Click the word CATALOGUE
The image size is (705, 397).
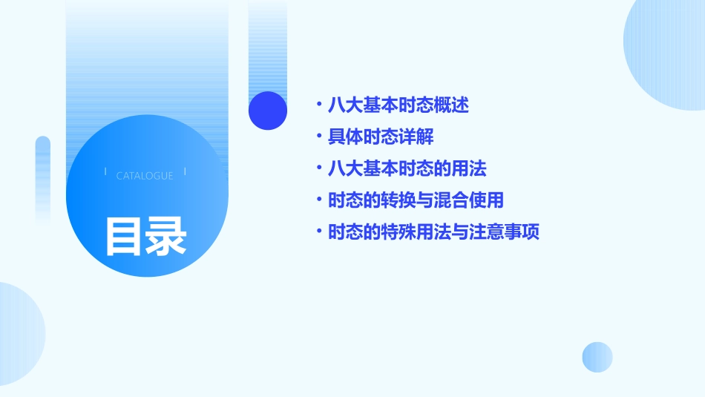145,176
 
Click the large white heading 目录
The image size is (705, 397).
145,236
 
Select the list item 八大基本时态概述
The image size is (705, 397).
399,105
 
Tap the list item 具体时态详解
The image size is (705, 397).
381,137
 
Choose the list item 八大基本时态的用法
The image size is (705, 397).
407,168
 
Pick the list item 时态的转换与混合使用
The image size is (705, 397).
416,200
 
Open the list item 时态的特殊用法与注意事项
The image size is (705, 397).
433,232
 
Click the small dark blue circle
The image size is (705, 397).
268,111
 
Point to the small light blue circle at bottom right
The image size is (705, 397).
597,357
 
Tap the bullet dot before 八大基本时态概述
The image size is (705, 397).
319,105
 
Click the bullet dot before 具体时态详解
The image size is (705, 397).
319,137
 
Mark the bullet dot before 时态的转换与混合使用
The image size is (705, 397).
319,200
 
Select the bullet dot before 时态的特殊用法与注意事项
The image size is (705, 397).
319,232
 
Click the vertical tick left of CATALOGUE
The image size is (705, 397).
105,172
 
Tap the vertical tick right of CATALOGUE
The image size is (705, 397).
185,172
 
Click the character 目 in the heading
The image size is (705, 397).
123,236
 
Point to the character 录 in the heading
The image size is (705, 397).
167,236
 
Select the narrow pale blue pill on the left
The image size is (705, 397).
43,178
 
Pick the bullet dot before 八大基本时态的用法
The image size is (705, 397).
319,168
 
